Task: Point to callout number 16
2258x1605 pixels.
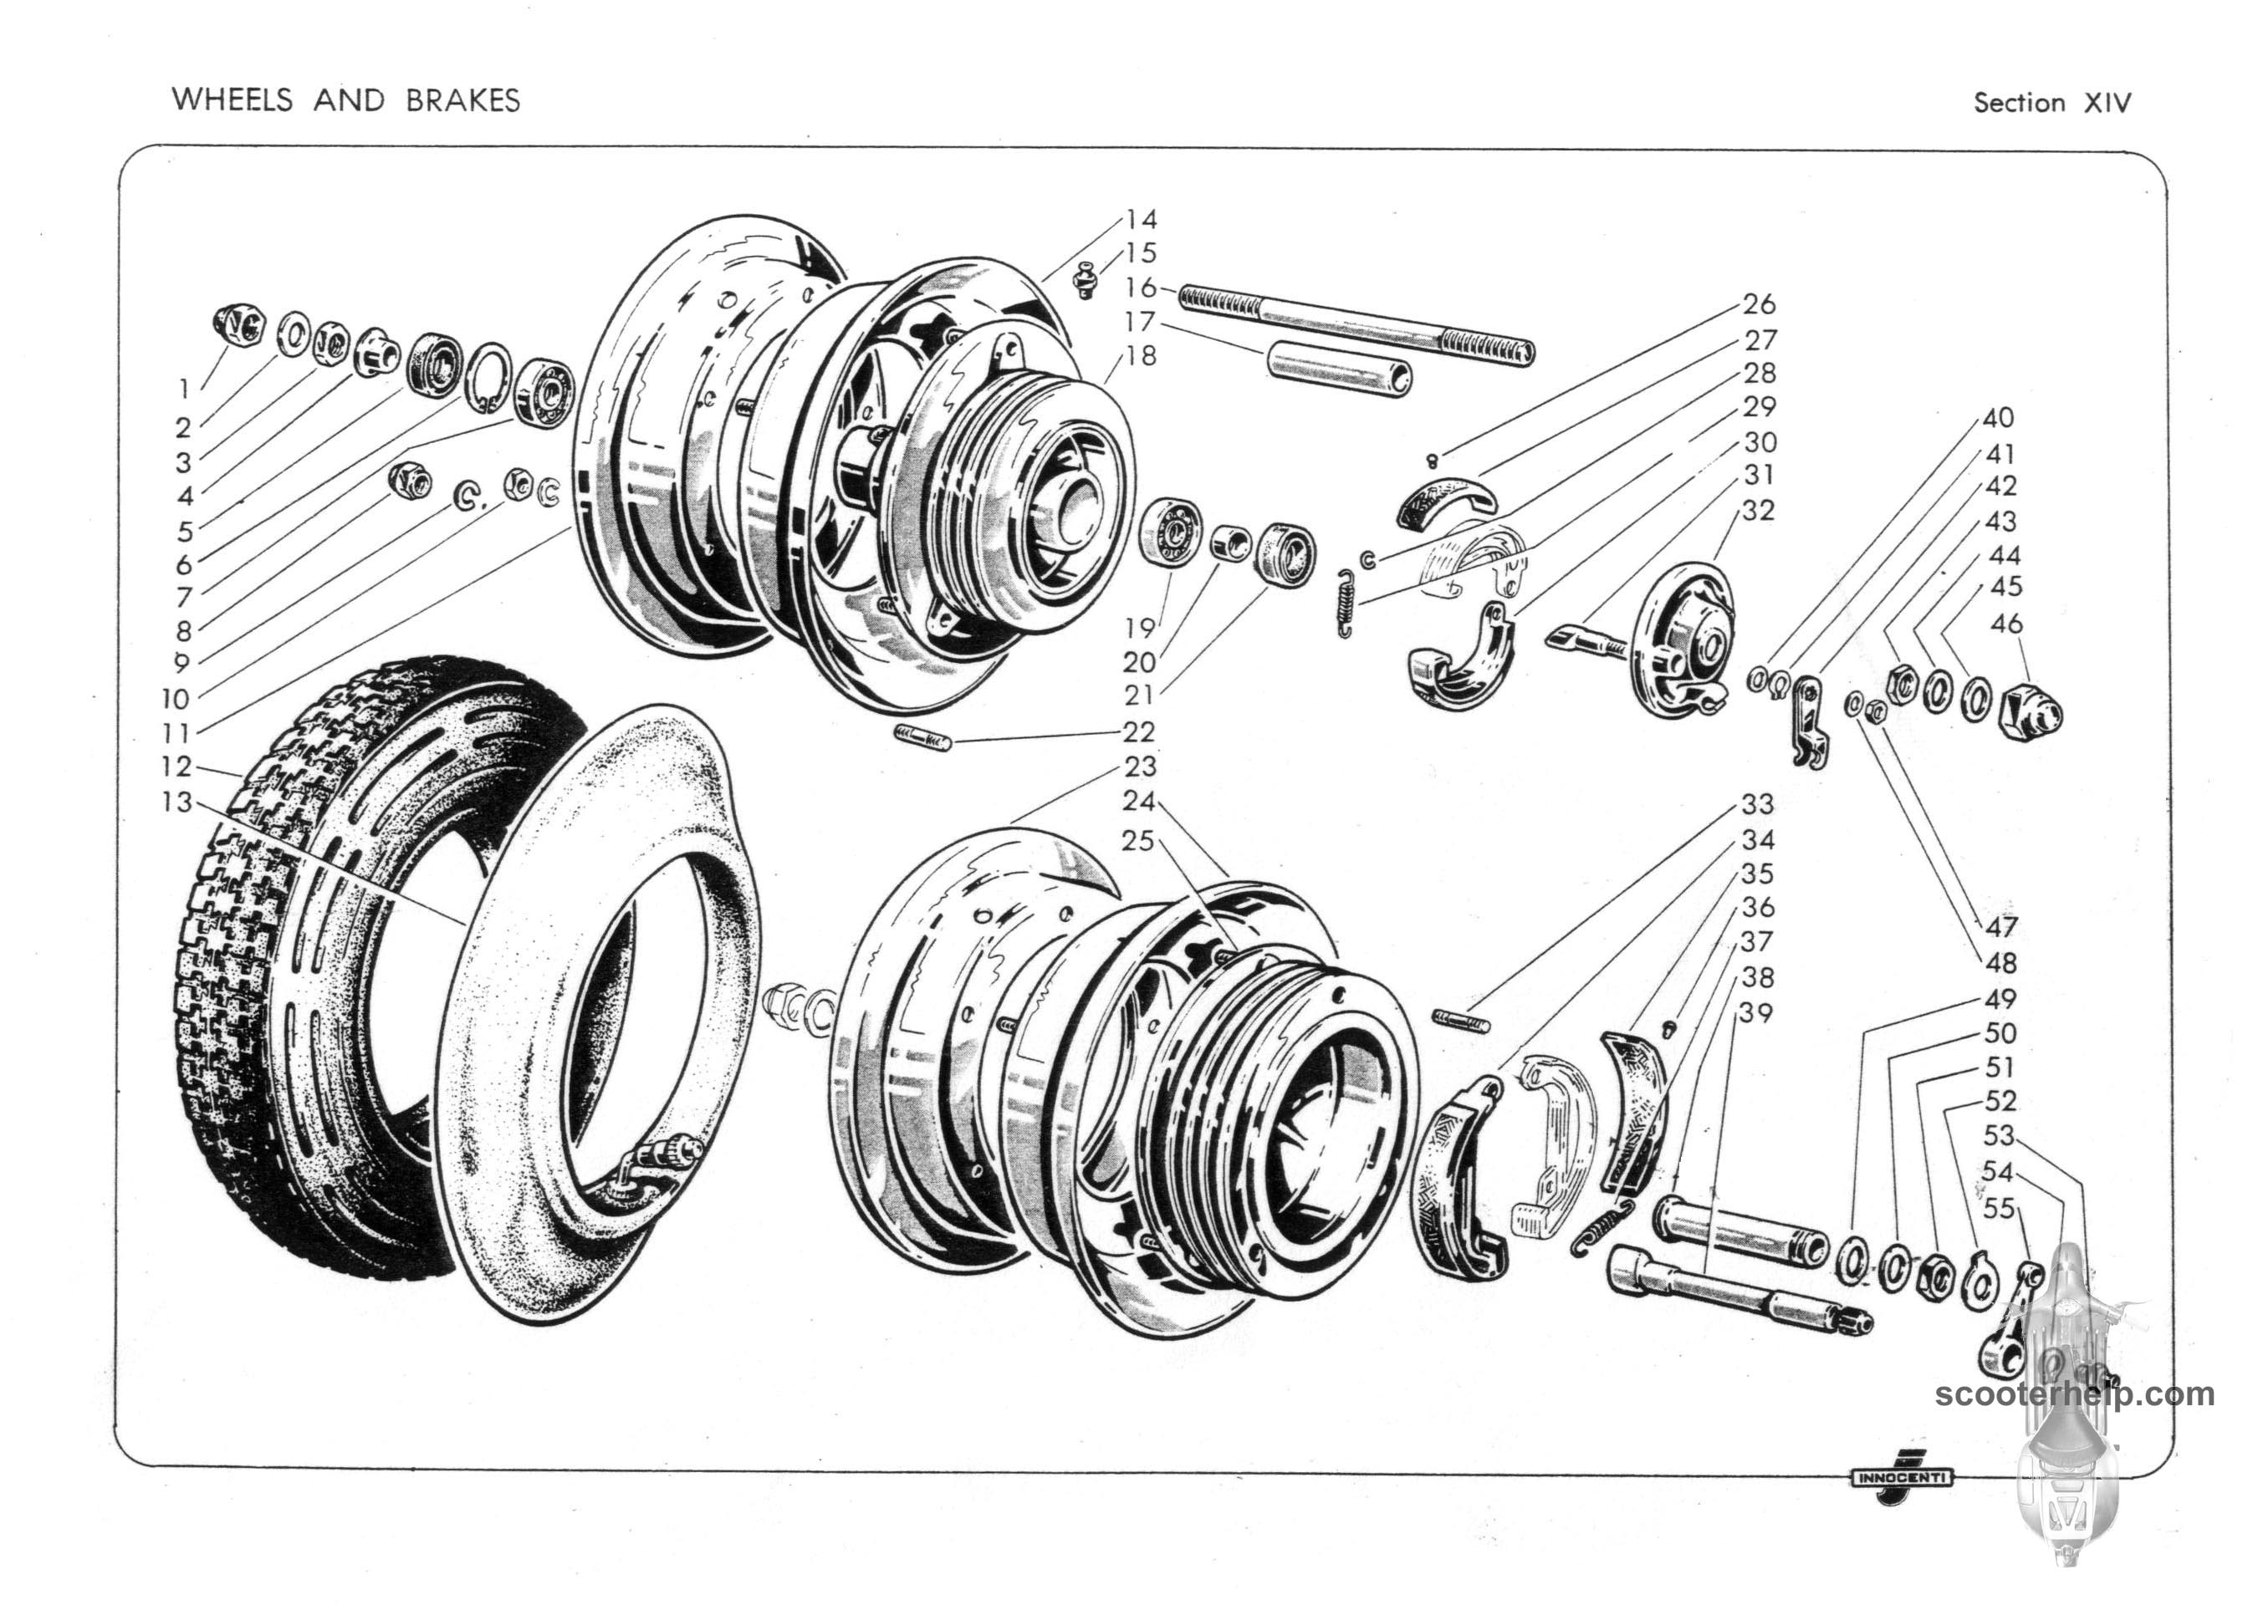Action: coord(1140,288)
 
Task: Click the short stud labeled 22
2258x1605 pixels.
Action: coord(922,737)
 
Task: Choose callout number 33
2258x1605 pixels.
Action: coord(1758,804)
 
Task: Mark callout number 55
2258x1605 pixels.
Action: coord(1998,1208)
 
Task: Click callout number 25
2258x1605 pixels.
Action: coord(1139,840)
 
